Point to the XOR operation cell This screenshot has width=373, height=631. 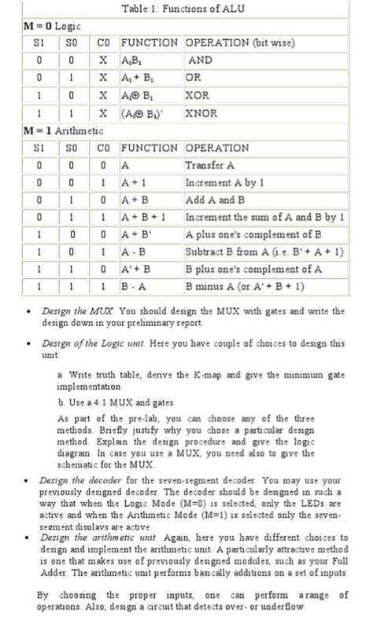[x=198, y=95]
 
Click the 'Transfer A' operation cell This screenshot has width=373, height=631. [x=209, y=165]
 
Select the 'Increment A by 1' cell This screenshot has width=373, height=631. [x=223, y=182]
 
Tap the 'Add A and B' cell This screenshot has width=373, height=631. [x=216, y=200]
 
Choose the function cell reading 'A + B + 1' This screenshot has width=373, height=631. [x=138, y=217]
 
